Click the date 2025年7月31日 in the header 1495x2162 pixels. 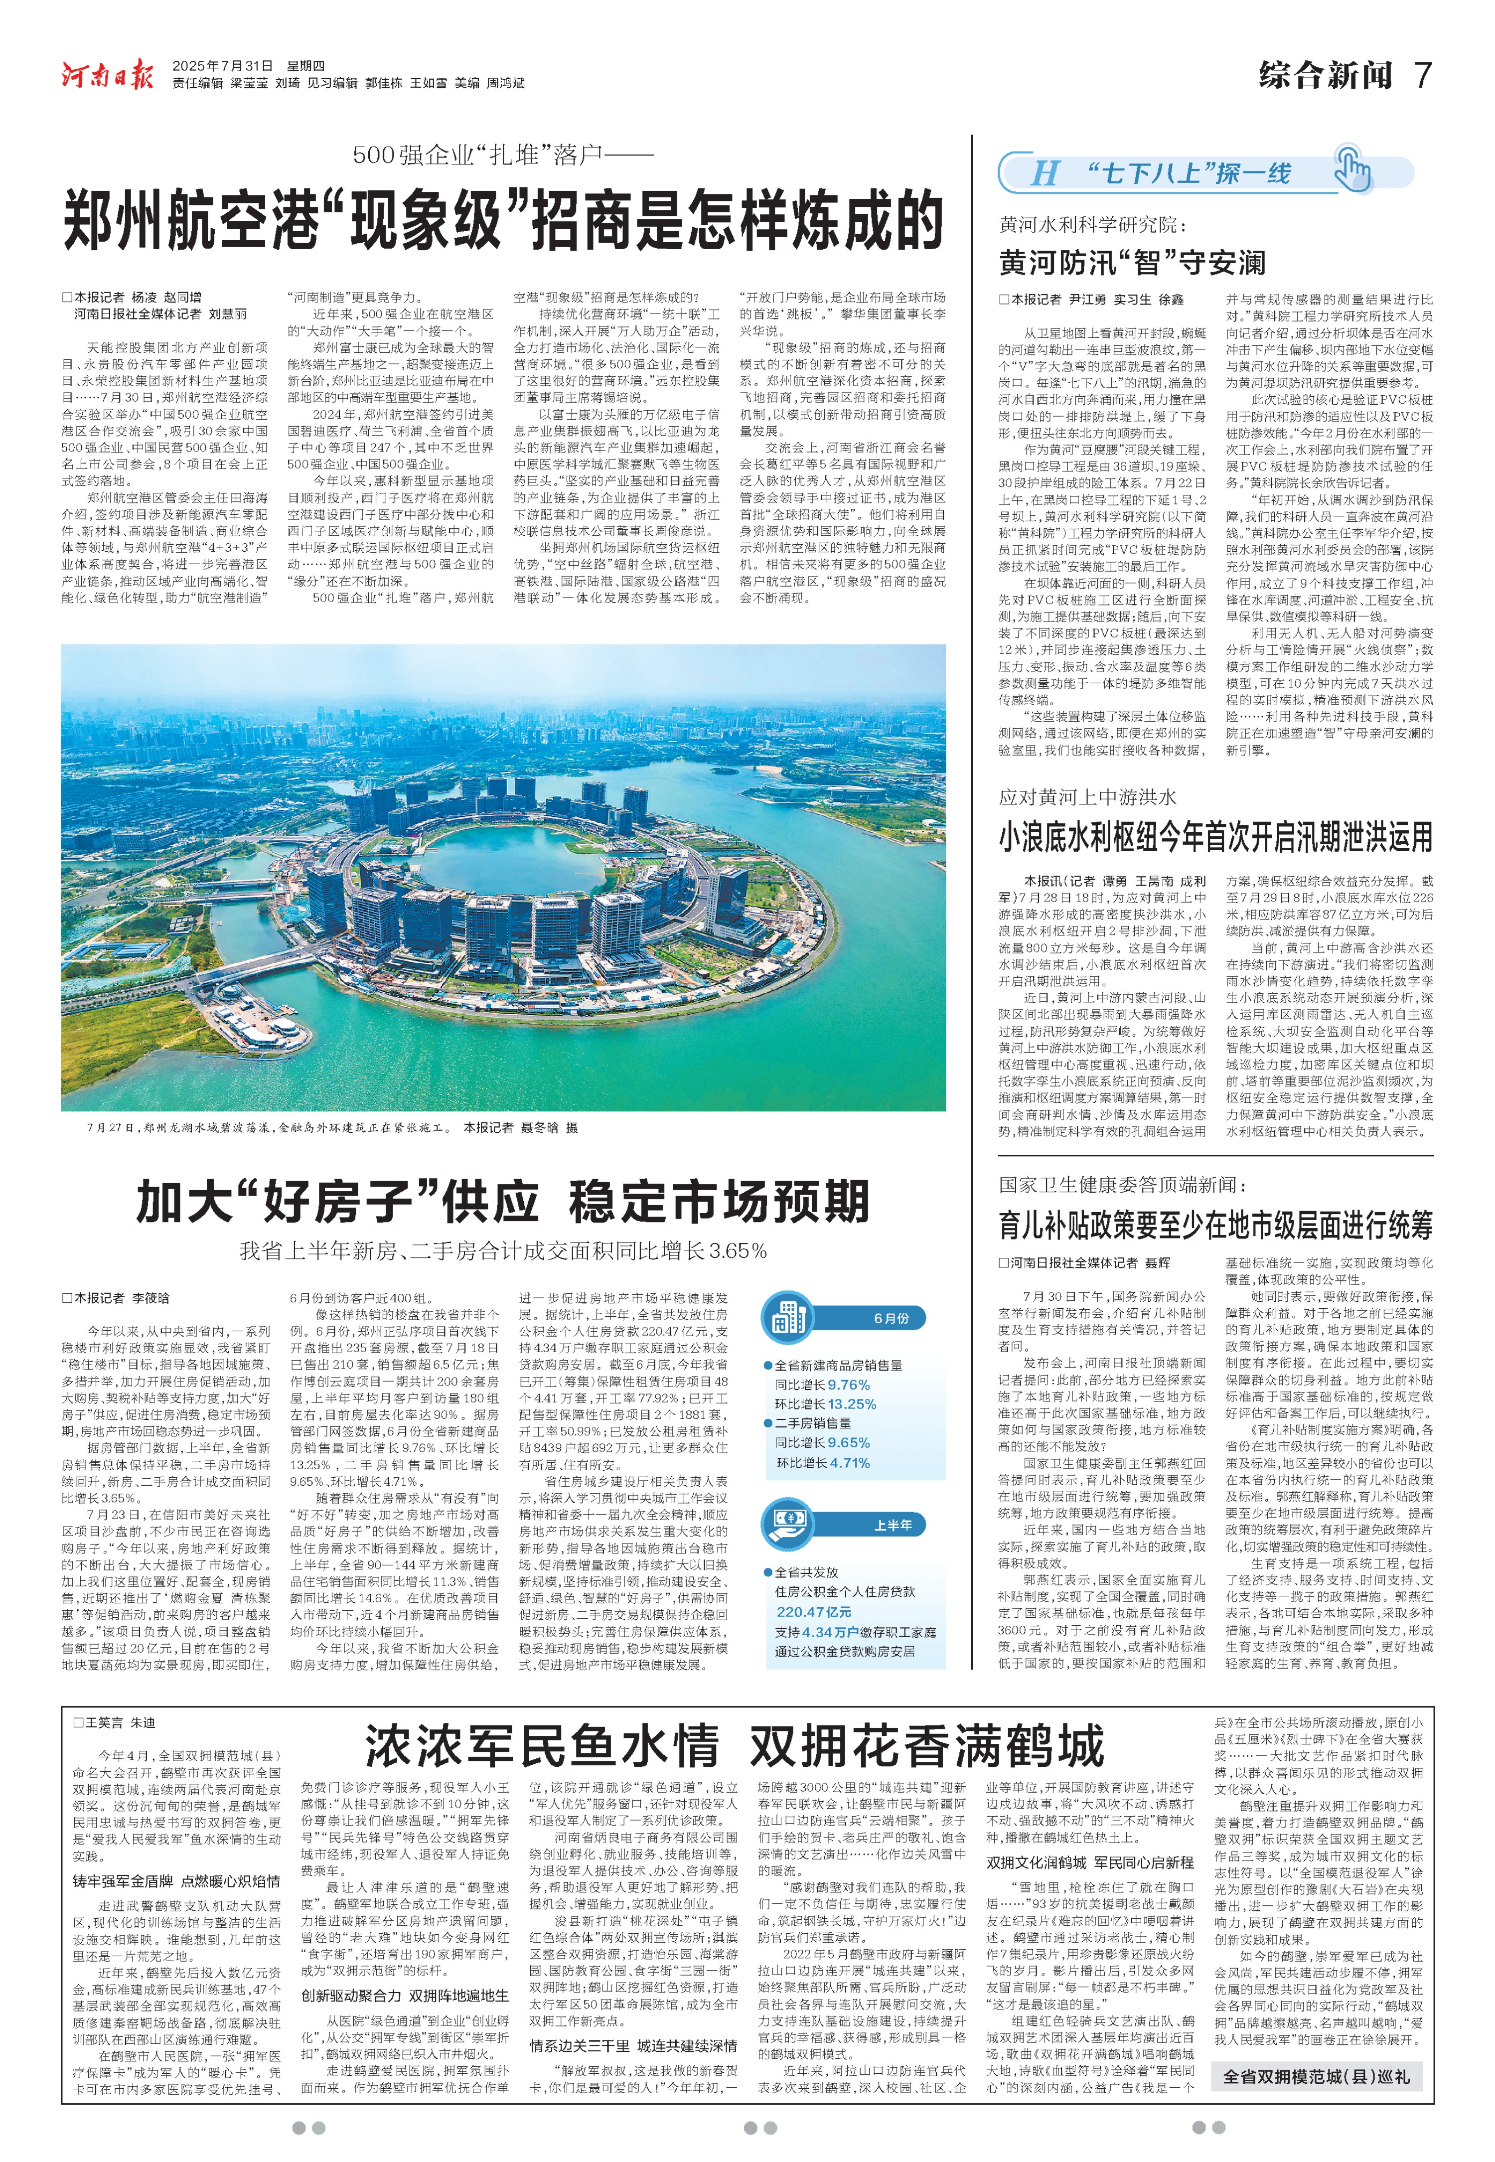point(223,66)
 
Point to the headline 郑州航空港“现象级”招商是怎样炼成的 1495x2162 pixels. point(503,219)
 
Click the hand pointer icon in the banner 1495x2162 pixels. point(1351,169)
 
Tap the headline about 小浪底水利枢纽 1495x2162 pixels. point(1215,836)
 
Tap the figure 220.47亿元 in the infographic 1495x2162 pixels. point(813,1611)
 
